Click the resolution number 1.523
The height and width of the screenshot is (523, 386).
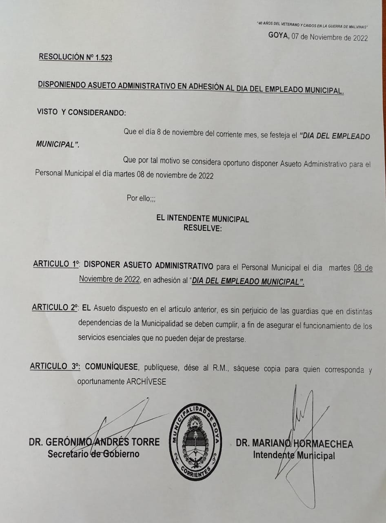click(104, 58)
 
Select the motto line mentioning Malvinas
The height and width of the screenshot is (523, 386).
click(312, 25)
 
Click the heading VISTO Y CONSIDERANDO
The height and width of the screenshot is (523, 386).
click(81, 112)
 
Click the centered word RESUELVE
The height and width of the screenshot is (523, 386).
click(202, 228)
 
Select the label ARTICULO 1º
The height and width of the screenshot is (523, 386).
click(56, 264)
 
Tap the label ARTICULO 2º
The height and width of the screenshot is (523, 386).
click(55, 308)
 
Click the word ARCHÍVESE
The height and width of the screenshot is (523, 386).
click(146, 382)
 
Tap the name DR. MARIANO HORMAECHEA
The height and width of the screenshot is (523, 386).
click(294, 444)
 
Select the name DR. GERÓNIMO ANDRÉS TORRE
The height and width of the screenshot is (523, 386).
click(94, 442)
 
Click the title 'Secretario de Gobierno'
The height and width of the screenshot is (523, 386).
click(93, 454)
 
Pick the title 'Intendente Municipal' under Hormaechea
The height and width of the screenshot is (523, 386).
click(294, 455)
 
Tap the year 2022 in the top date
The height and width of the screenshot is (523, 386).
click(360, 38)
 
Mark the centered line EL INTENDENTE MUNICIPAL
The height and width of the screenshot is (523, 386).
click(202, 219)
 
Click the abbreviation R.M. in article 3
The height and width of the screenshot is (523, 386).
click(221, 369)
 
